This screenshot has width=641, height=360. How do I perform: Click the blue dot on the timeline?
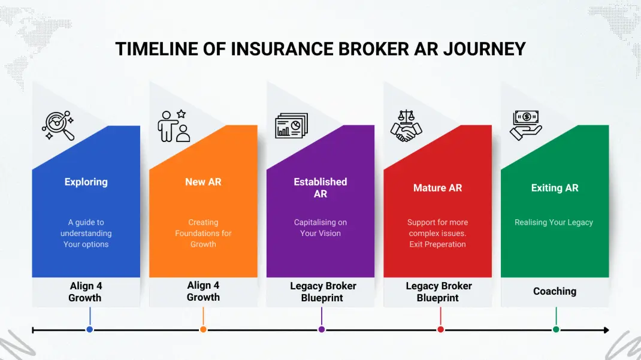click(90, 329)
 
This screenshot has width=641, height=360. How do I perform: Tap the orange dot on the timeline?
click(203, 329)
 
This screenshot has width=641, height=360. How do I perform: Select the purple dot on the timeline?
click(322, 329)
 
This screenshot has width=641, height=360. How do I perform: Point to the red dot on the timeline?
click(440, 329)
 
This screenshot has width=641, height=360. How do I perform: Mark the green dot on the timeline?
click(556, 329)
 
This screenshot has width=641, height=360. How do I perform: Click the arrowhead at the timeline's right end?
click(606, 329)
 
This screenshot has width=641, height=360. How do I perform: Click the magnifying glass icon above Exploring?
click(58, 126)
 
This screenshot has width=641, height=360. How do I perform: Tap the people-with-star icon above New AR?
click(174, 126)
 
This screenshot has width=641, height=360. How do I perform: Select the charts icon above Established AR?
click(291, 126)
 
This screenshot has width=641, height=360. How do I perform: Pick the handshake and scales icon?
click(406, 126)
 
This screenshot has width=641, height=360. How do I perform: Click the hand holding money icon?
click(525, 125)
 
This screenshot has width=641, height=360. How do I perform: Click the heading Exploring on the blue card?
click(86, 182)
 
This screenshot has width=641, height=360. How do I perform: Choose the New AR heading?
click(203, 182)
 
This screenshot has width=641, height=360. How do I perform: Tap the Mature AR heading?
click(438, 188)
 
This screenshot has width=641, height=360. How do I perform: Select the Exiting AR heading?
click(555, 188)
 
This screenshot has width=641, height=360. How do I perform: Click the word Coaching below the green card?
click(555, 291)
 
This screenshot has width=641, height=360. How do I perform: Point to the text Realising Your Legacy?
click(554, 222)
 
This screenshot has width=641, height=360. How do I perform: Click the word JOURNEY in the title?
click(485, 49)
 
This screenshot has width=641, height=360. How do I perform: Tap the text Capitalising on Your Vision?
click(320, 228)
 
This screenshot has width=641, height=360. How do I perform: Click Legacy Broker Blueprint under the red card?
click(439, 292)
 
